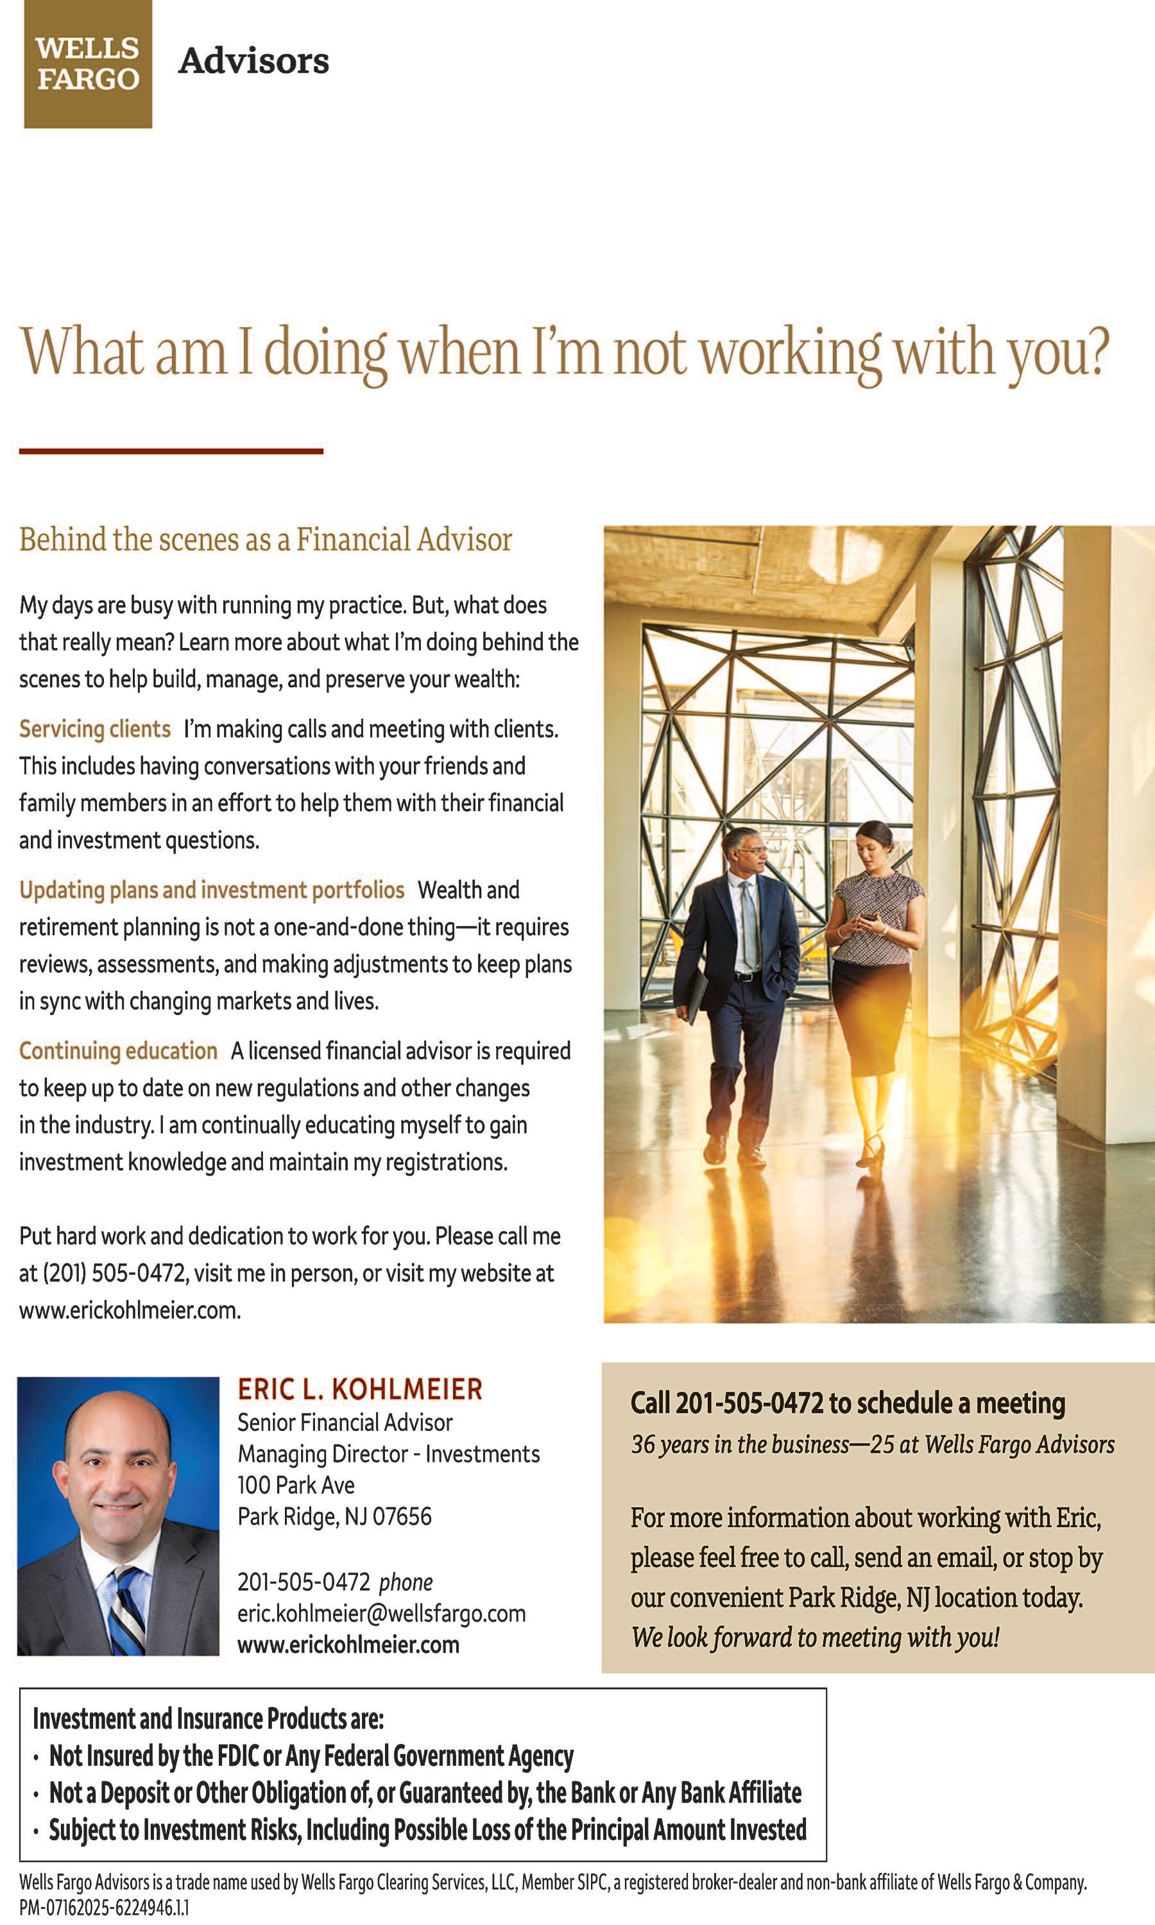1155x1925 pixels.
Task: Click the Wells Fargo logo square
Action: (x=88, y=64)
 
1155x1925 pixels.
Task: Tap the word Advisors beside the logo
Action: (x=253, y=62)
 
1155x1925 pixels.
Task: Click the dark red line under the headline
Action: (x=171, y=450)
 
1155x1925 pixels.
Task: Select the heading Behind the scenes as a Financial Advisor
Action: (x=266, y=539)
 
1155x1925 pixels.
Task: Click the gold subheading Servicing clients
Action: (x=95, y=729)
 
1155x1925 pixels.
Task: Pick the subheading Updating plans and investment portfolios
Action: (x=212, y=890)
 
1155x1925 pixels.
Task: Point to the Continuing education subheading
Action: (x=118, y=1051)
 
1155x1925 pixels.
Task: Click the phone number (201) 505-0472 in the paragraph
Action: (x=114, y=1274)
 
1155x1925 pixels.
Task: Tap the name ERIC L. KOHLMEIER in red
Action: (x=359, y=1390)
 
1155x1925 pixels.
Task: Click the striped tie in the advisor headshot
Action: (x=127, y=1611)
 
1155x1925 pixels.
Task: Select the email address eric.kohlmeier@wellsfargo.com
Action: (x=381, y=1614)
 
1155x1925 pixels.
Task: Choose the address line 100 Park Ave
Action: (x=296, y=1485)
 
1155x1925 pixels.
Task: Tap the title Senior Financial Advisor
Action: (x=345, y=1423)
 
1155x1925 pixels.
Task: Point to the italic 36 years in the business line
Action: (x=873, y=1445)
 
